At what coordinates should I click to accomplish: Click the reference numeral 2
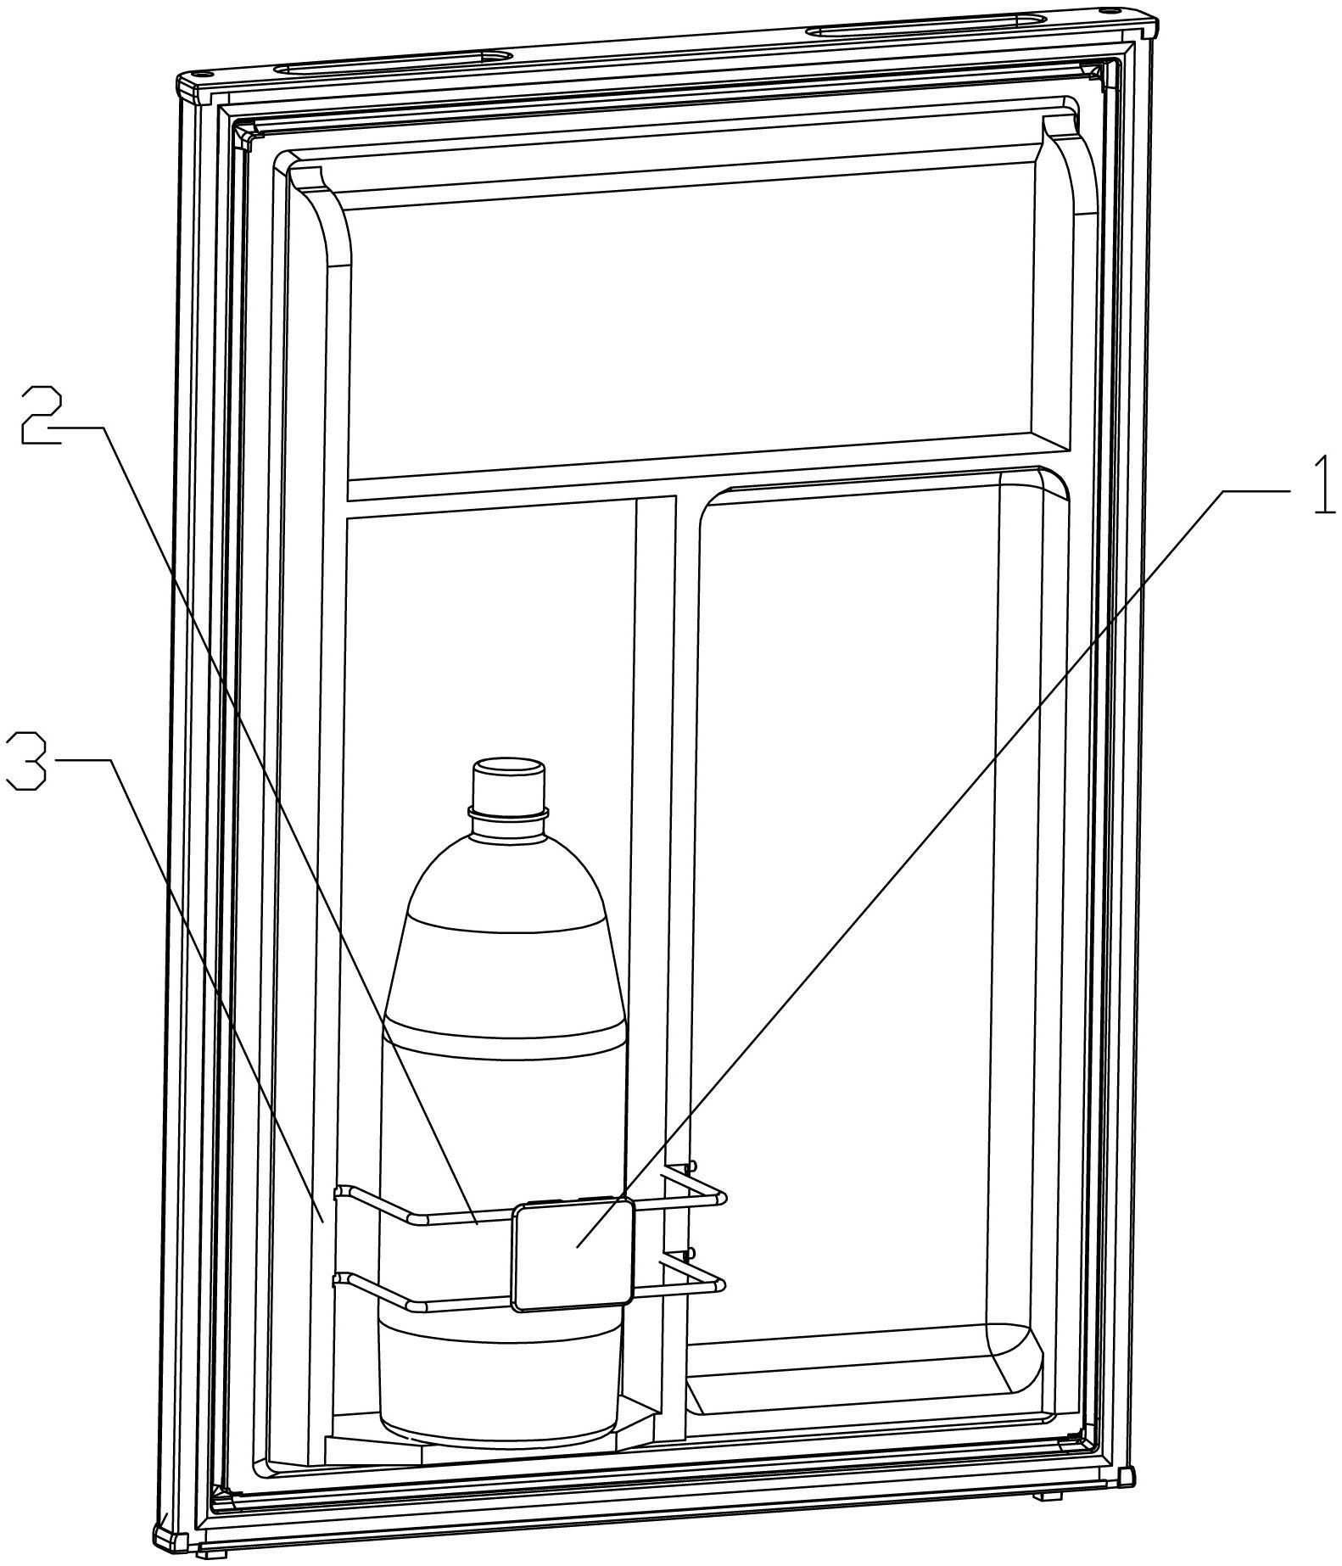pos(41,414)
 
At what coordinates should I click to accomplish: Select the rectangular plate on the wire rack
pos(573,1254)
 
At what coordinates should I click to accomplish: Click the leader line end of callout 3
pos(322,1220)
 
